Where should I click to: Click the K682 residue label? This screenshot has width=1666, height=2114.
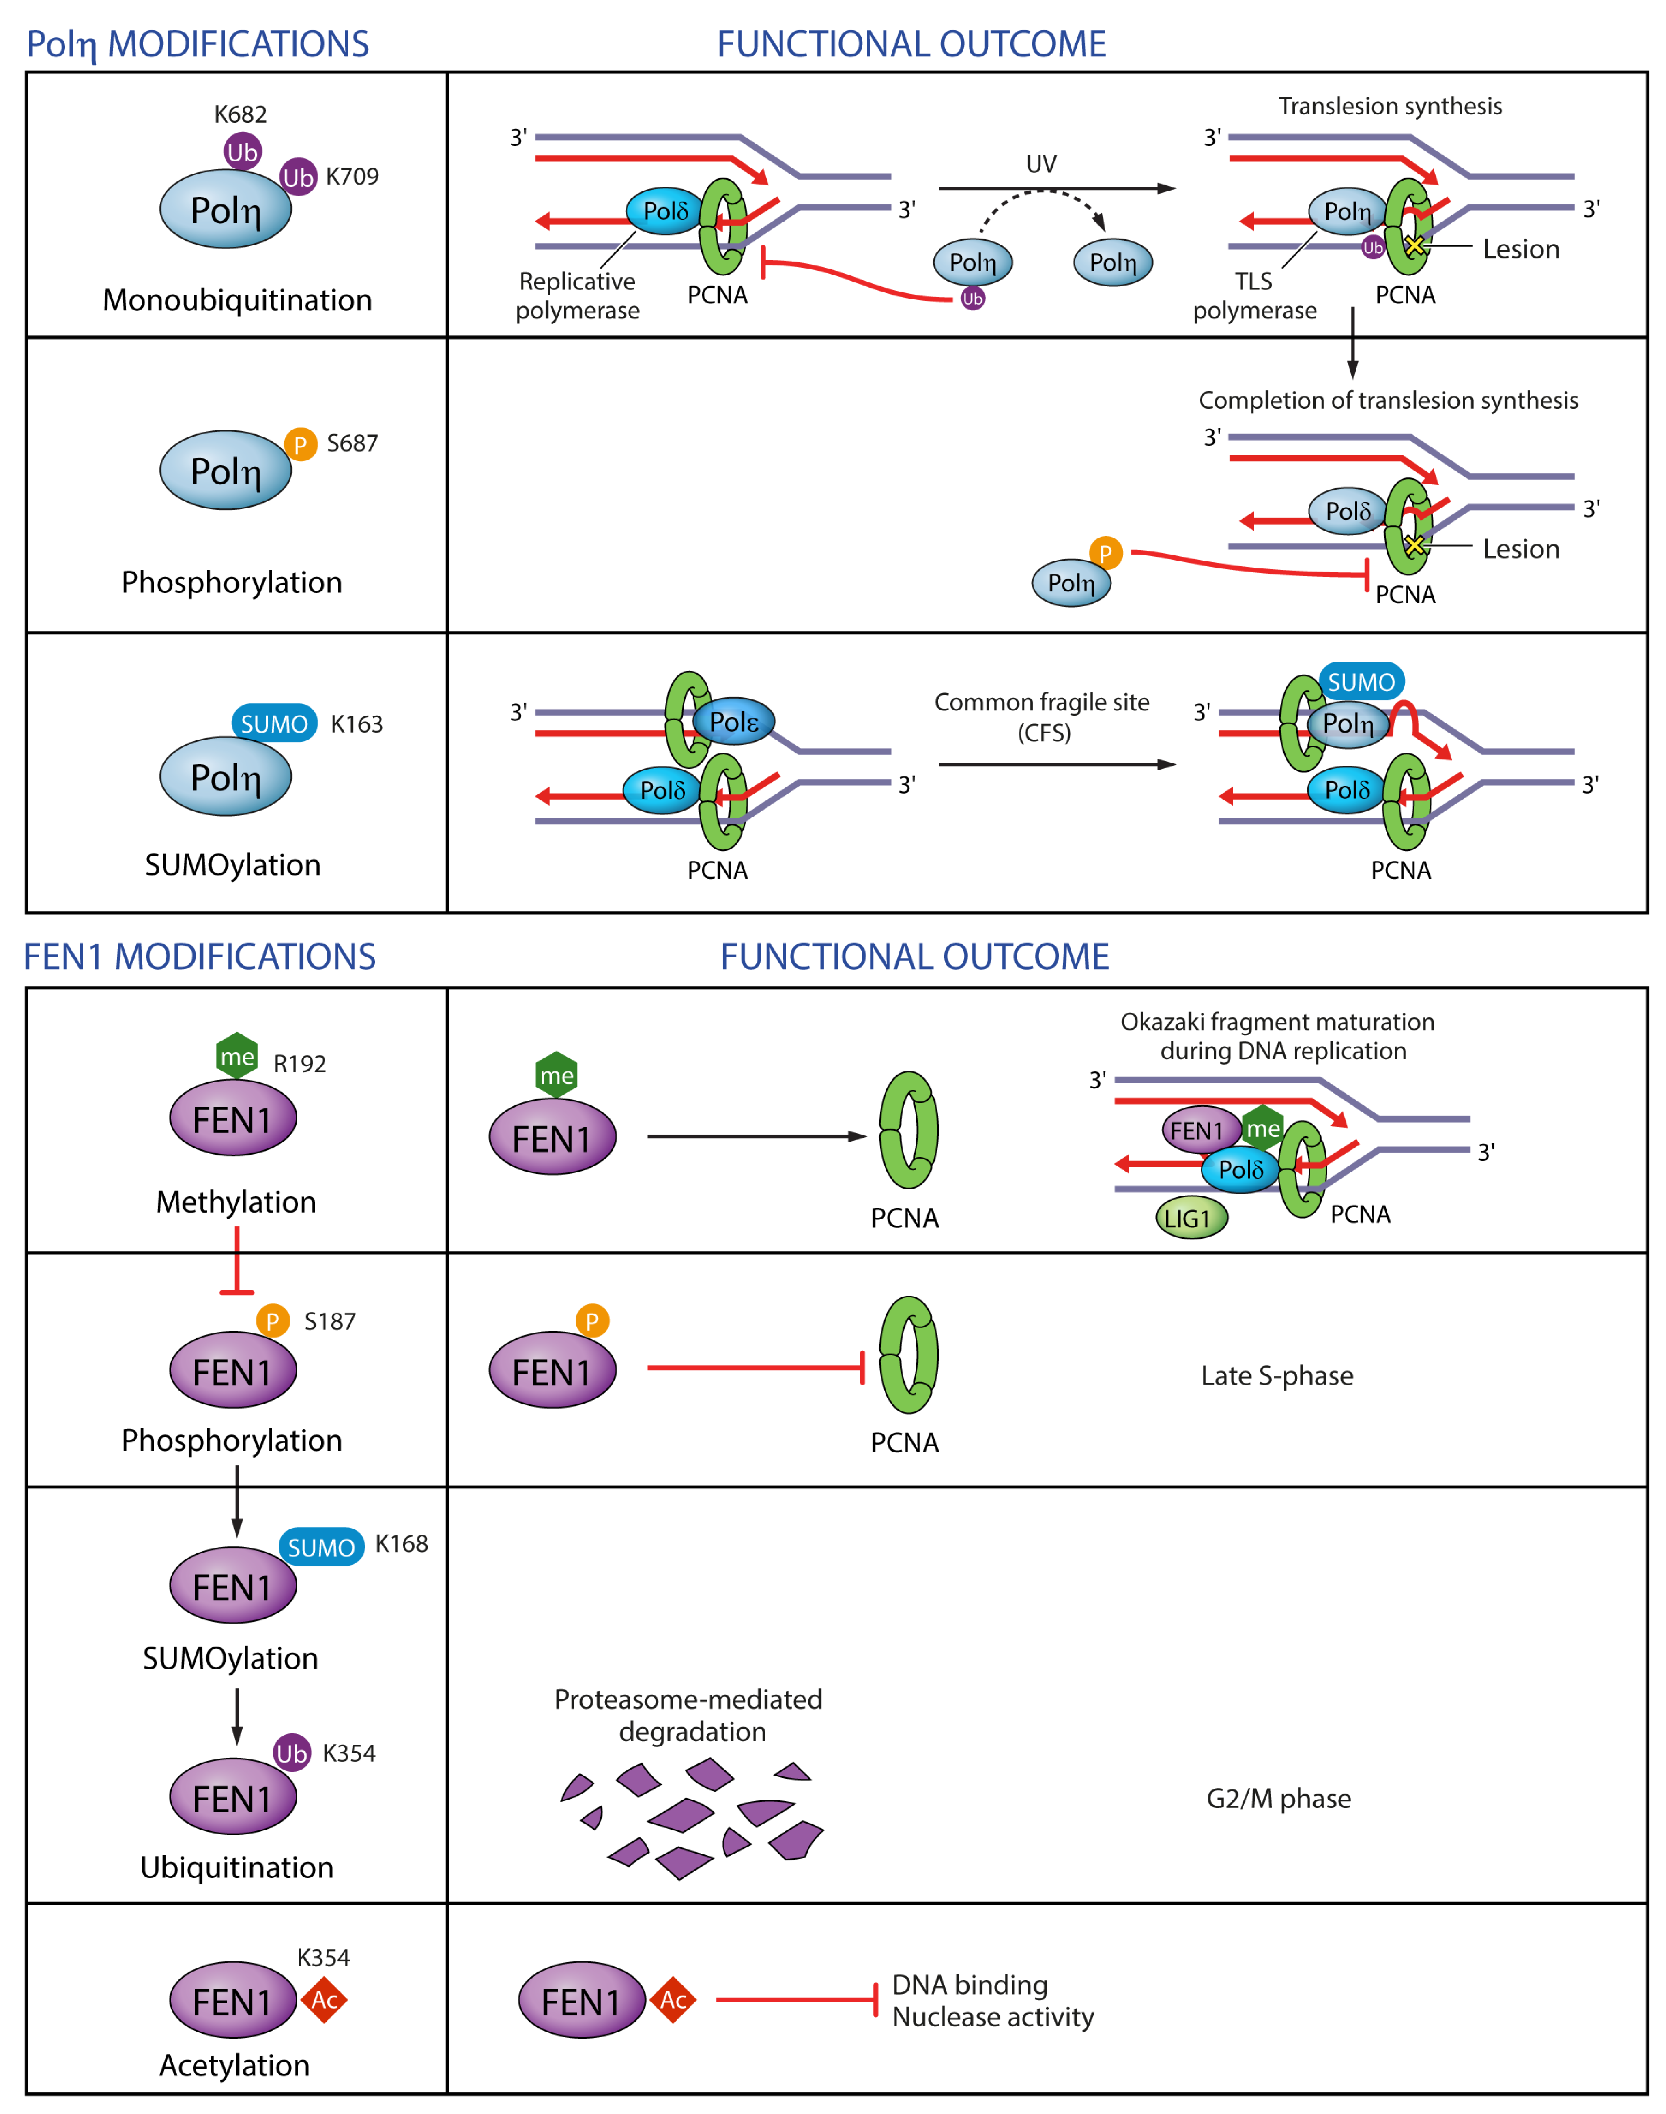240,114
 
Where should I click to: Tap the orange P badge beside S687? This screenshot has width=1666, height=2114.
301,445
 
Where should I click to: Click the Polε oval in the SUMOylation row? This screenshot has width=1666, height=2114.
733,722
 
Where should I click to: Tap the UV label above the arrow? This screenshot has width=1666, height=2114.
1041,164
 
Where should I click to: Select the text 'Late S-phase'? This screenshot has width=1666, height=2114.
1277,1376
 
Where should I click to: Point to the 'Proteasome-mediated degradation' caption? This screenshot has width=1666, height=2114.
689,1715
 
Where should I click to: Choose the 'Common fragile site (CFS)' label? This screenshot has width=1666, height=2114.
1042,717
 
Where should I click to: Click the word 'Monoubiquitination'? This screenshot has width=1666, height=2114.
237,299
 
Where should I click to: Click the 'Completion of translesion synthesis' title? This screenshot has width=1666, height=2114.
1388,400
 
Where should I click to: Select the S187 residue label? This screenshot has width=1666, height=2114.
330,1321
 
